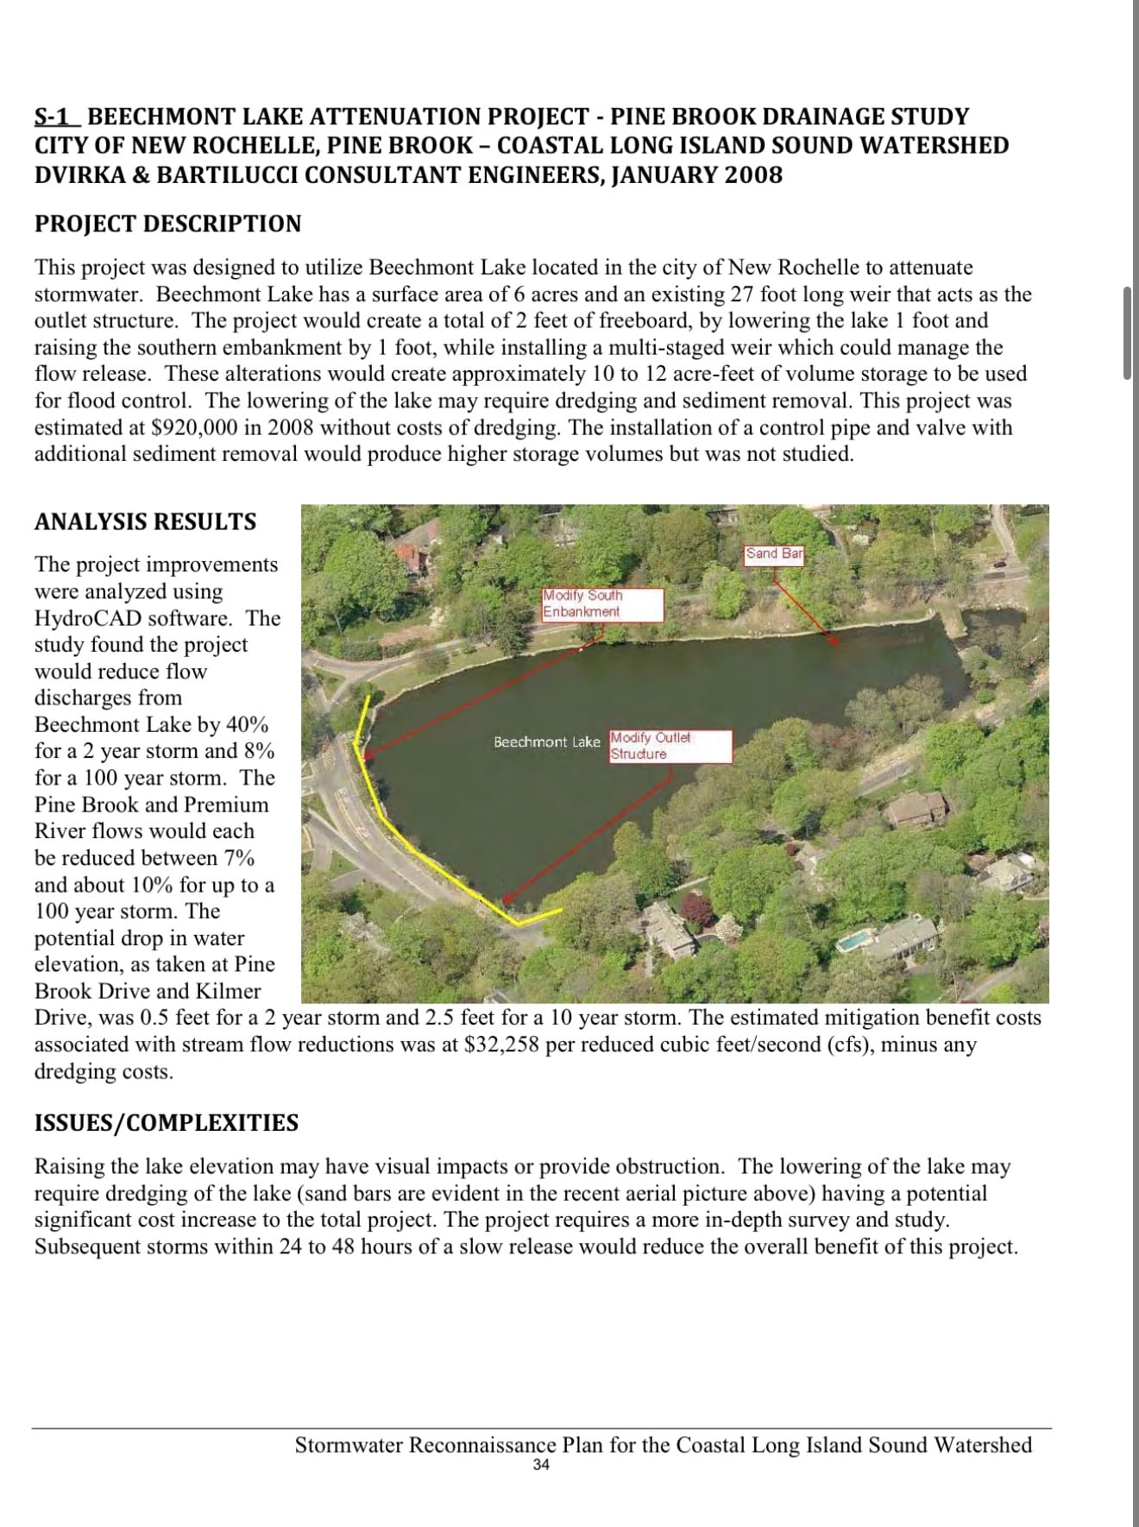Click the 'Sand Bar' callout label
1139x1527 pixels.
pyautogui.click(x=774, y=554)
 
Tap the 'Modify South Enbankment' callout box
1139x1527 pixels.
pyautogui.click(x=602, y=604)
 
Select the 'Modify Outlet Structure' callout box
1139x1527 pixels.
pyautogui.click(x=670, y=746)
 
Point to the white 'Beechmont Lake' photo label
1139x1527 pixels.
pyautogui.click(x=546, y=742)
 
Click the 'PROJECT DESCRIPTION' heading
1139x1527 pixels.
pyautogui.click(x=168, y=224)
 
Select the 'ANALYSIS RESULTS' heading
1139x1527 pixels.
pyautogui.click(x=145, y=521)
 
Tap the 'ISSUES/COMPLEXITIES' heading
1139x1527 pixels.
pyautogui.click(x=167, y=1122)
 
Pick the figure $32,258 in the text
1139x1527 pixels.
pyautogui.click(x=501, y=1044)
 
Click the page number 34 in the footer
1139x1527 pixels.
pyautogui.click(x=541, y=1465)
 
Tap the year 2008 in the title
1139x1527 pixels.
pyautogui.click(x=753, y=175)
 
